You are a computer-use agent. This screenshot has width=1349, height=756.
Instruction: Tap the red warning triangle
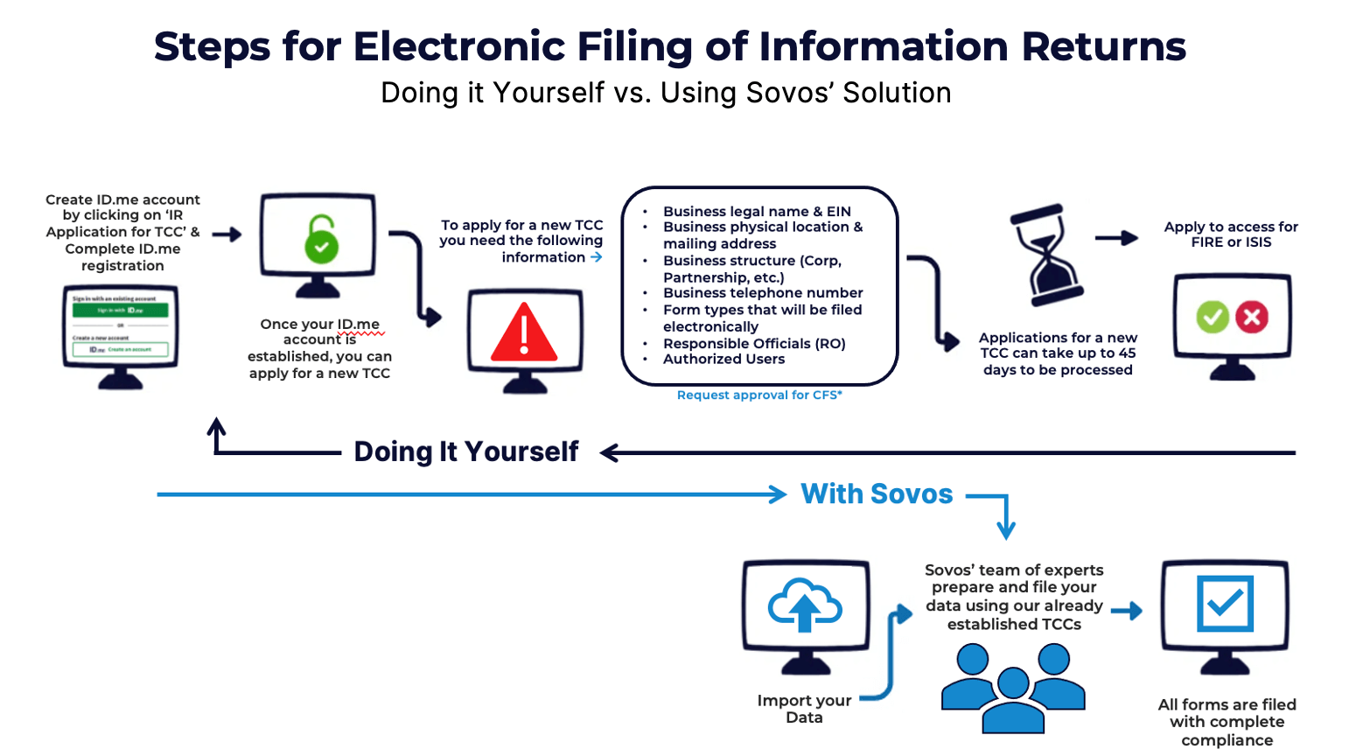(x=524, y=335)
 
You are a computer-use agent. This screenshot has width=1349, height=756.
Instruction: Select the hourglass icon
(x=1045, y=255)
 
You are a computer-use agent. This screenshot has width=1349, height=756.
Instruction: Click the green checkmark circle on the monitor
(x=1213, y=317)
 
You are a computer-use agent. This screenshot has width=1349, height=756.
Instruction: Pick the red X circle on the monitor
(x=1252, y=317)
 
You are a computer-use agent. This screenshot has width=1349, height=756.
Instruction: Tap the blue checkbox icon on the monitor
(x=1225, y=603)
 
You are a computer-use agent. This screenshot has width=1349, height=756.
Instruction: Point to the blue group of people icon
(x=1013, y=688)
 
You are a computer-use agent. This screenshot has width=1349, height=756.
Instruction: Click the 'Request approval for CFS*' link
(x=759, y=395)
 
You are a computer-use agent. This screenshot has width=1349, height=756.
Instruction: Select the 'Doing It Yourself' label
(x=466, y=451)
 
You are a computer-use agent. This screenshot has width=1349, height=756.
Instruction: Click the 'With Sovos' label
(x=877, y=494)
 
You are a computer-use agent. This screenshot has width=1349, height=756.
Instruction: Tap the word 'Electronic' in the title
(x=459, y=46)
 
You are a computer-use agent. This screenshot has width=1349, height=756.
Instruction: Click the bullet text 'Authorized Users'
(x=723, y=360)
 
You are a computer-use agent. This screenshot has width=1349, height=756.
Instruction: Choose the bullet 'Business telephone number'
(x=763, y=293)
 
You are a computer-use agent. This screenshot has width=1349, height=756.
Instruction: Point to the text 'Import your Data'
(x=804, y=709)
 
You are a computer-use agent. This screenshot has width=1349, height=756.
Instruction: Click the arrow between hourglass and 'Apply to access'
(x=1116, y=238)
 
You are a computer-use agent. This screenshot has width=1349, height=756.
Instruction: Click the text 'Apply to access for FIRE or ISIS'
(x=1231, y=234)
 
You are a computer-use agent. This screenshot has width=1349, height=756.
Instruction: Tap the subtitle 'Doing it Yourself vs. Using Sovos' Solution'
(x=666, y=93)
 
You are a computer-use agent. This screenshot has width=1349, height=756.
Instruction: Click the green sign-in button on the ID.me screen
(x=121, y=311)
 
